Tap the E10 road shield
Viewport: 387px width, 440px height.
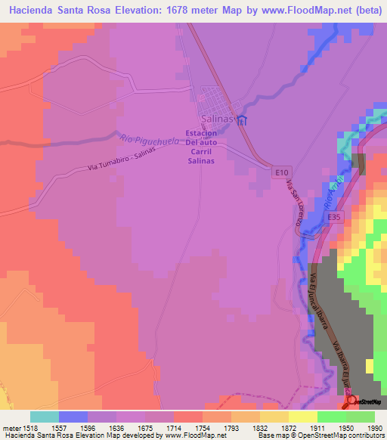click(282, 172)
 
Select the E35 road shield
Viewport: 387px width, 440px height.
click(335, 217)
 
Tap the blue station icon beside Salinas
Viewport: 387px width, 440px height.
click(241, 120)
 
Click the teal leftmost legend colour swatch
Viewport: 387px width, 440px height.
click(44, 417)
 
